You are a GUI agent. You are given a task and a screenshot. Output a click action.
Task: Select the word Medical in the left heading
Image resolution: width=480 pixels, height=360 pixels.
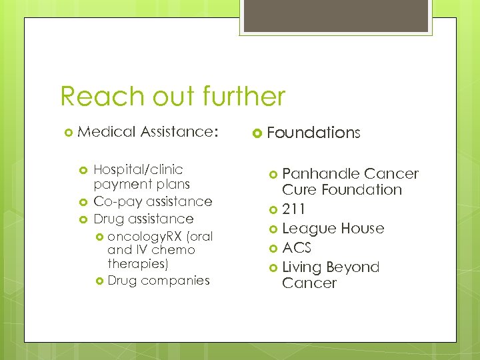(107, 132)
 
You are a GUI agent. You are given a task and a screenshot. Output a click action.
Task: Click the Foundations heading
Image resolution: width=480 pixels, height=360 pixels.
(313, 133)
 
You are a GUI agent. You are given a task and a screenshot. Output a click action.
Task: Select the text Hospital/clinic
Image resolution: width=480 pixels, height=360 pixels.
(138, 169)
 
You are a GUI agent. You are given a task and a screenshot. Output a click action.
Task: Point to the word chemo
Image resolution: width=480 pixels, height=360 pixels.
(173, 250)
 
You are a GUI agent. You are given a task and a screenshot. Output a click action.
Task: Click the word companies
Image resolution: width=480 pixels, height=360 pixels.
(175, 281)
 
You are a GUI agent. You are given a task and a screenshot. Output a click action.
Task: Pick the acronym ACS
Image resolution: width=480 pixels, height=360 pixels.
(297, 248)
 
